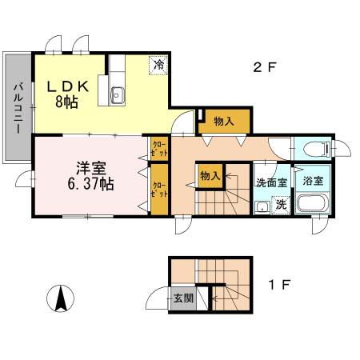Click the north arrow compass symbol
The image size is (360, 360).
pyautogui.click(x=61, y=298)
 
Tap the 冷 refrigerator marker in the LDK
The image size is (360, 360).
pyautogui.click(x=158, y=65)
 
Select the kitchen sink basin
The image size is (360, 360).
pyautogui.click(x=117, y=95)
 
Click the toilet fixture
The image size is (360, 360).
pyautogui.click(x=320, y=148)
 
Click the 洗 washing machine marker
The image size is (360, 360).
pyautogui.click(x=281, y=205)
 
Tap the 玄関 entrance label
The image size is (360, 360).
pyautogui.click(x=183, y=298)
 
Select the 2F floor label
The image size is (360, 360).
pyautogui.click(x=264, y=67)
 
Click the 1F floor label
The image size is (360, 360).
pyautogui.click(x=279, y=285)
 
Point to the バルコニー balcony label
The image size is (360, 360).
pyautogui.click(x=18, y=108)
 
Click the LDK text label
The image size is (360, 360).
pyautogui.click(x=67, y=86)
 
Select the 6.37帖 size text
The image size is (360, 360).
pyautogui.click(x=90, y=184)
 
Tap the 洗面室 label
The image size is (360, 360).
pyautogui.click(x=271, y=183)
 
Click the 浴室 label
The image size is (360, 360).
pyautogui.click(x=313, y=181)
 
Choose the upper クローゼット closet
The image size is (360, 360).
pyautogui.click(x=159, y=149)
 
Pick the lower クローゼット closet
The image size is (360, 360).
pyautogui.click(x=159, y=190)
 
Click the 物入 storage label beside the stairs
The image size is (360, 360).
pyautogui.click(x=210, y=176)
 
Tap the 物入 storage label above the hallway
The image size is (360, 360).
pyautogui.click(x=224, y=122)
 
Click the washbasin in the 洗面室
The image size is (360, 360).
pyautogui.click(x=262, y=207)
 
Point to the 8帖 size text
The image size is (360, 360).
pyautogui.click(x=66, y=102)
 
